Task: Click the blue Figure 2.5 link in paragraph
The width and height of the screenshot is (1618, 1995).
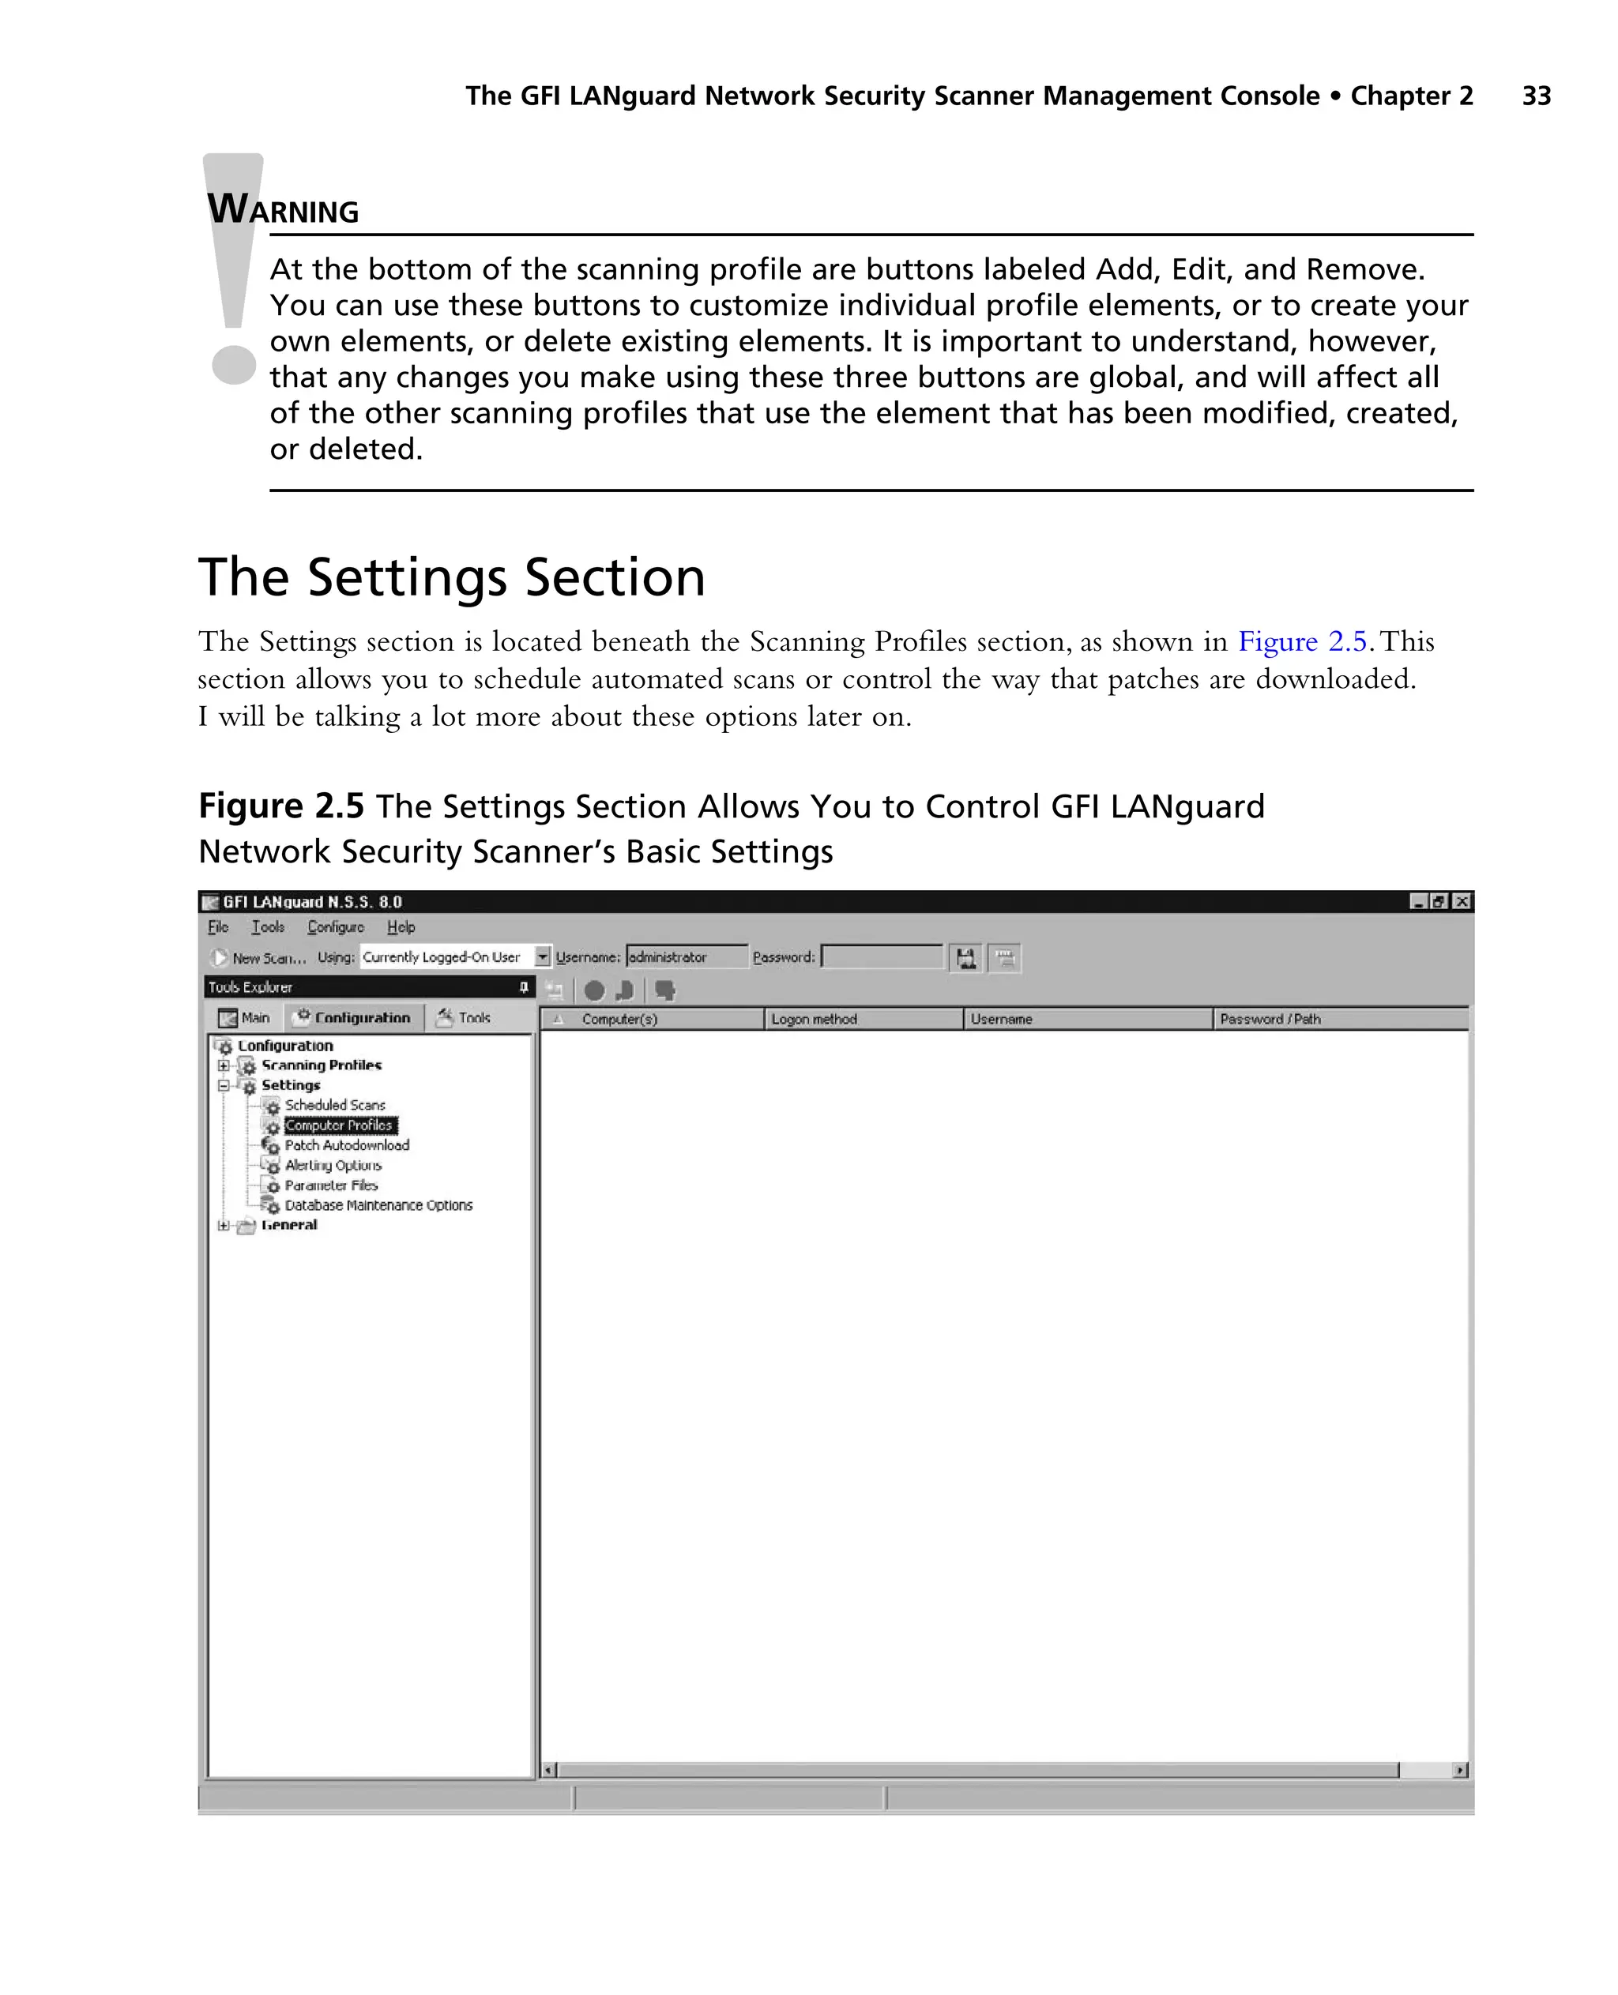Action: point(1301,641)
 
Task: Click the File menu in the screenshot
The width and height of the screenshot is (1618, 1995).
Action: point(218,927)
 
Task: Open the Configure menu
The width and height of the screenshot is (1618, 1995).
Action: point(336,927)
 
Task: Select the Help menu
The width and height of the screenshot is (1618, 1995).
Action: point(401,927)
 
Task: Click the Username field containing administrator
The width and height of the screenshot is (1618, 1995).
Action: point(686,957)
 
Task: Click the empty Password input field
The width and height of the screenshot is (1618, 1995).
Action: point(882,957)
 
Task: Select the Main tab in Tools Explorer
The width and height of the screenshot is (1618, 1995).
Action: point(245,1017)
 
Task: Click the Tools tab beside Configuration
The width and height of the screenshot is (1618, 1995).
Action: point(465,1017)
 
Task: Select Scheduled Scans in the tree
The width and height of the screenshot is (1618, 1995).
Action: point(335,1105)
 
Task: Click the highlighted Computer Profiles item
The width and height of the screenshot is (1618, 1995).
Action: point(339,1125)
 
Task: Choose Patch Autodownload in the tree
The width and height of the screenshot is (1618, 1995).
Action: point(347,1145)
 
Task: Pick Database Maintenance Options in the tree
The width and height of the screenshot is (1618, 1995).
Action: point(378,1205)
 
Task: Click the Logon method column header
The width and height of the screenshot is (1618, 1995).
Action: point(814,1019)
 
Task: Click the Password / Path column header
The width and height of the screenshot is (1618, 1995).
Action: point(1270,1019)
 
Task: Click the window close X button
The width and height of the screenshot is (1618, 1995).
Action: point(1462,901)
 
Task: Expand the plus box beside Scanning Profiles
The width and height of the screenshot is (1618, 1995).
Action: point(224,1065)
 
